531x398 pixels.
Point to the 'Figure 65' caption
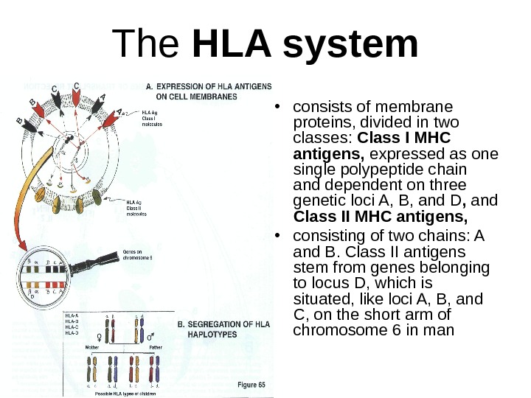click(251, 385)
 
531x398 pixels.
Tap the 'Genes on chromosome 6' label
click(137, 254)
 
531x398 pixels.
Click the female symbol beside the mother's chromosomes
click(107, 335)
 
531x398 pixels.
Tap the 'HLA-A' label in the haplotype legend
click(72, 315)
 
